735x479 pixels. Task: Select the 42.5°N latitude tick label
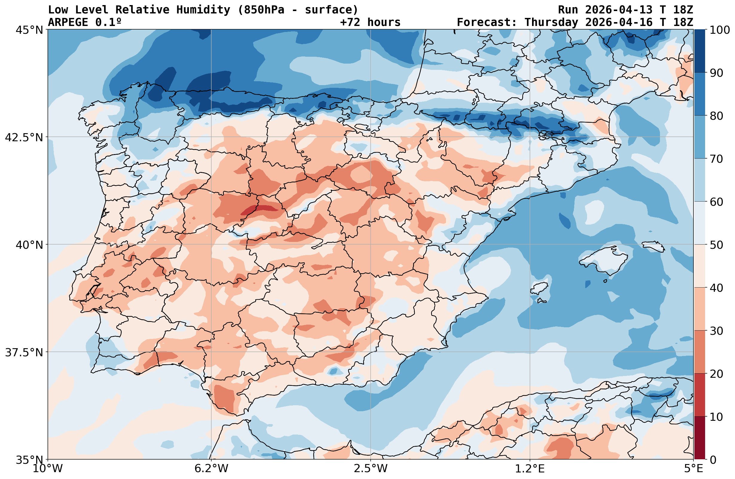(24, 137)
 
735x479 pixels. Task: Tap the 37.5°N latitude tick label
(24, 352)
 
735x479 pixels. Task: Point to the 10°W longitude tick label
(48, 469)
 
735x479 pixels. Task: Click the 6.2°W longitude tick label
(211, 469)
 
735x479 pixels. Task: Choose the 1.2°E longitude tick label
(530, 469)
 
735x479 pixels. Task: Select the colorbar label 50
(715, 245)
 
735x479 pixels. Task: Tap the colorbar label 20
(715, 374)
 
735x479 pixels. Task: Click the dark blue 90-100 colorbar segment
(699, 51)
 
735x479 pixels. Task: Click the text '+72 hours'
(370, 22)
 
